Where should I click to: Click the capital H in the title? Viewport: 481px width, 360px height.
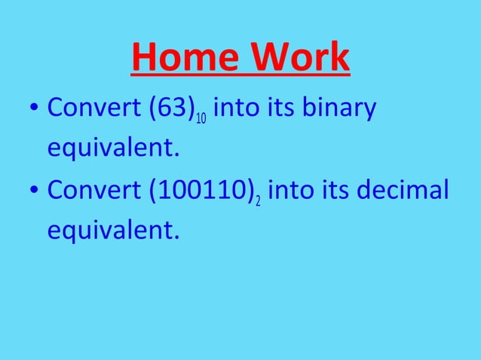(146, 58)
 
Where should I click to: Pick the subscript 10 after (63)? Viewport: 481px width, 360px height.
(202, 120)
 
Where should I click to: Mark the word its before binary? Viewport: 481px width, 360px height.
(280, 109)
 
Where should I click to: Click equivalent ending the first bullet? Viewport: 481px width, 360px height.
(114, 148)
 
